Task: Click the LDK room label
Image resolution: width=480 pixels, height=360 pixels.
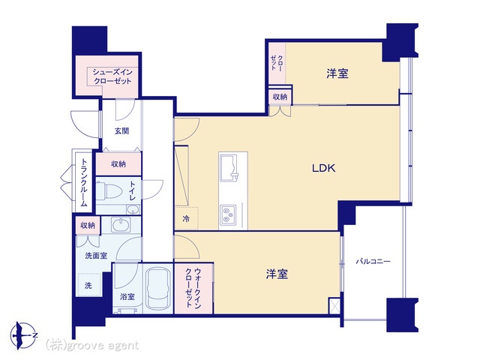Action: point(323,168)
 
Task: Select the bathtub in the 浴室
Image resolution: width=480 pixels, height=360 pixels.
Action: point(158,289)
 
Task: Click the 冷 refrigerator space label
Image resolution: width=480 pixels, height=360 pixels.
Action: point(186,218)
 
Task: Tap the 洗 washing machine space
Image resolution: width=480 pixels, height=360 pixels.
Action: point(88,286)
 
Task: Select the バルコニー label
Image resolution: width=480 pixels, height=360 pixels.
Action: point(373,262)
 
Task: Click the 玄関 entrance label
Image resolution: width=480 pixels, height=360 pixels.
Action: point(121,131)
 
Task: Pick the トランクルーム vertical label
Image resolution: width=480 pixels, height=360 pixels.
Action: point(84,182)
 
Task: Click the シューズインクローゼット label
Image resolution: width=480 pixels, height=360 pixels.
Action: point(112,76)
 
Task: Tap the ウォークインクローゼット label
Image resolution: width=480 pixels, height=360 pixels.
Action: point(193,288)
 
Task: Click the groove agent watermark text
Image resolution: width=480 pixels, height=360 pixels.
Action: point(92,346)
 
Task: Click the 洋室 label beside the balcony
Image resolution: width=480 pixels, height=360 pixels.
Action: point(277,274)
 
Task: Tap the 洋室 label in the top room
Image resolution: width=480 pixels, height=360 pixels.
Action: point(337,73)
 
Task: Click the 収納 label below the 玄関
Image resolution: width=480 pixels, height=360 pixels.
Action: point(118,164)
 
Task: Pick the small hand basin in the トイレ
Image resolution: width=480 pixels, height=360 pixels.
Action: point(133,210)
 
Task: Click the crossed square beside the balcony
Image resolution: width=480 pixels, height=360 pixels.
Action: point(334,305)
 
